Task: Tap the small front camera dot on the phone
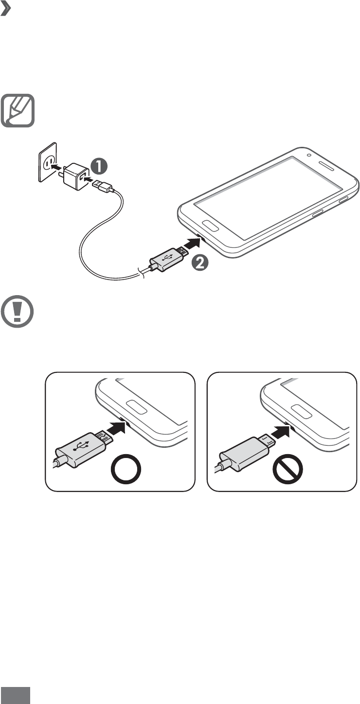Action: coord(309,156)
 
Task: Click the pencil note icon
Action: coord(18,110)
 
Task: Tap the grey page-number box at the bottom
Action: coord(16,695)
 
